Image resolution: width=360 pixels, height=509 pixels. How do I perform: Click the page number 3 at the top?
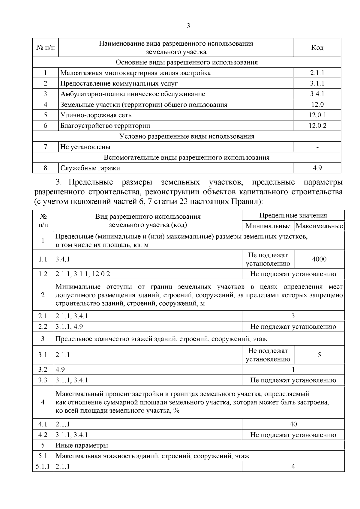pyautogui.click(x=188, y=26)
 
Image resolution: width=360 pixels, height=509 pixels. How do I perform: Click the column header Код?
pyautogui.click(x=317, y=48)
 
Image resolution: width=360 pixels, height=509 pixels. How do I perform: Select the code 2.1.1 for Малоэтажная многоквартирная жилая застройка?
pyautogui.click(x=317, y=73)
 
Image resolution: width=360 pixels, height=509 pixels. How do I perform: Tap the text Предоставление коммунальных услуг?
pyautogui.click(x=119, y=83)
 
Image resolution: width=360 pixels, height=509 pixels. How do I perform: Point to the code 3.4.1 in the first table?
pyautogui.click(x=317, y=94)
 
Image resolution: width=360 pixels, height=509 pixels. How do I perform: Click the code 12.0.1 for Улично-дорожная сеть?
pyautogui.click(x=317, y=115)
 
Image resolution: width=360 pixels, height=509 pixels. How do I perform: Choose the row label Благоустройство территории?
pyautogui.click(x=105, y=126)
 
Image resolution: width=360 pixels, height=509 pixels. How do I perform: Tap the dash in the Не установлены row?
pyautogui.click(x=317, y=147)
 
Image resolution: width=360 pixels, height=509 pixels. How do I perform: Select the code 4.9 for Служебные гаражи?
pyautogui.click(x=317, y=168)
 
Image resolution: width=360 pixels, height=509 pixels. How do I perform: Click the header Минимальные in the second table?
pyautogui.click(x=268, y=226)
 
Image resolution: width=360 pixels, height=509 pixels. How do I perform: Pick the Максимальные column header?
pyautogui.click(x=319, y=226)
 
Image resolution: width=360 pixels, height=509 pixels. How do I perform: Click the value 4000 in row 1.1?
pyautogui.click(x=319, y=259)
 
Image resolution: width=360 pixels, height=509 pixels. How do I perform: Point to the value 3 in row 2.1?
pyautogui.click(x=293, y=316)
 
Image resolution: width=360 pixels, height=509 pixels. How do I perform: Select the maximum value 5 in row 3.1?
pyautogui.click(x=319, y=355)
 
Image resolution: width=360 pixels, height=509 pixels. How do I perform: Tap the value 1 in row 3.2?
pyautogui.click(x=293, y=370)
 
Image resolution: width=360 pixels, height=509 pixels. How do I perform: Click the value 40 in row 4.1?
pyautogui.click(x=293, y=424)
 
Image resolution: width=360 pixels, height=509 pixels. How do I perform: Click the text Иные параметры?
pyautogui.click(x=82, y=445)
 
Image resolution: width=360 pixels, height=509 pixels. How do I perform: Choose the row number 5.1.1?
pyautogui.click(x=43, y=467)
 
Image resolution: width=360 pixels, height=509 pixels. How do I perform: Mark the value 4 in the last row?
pyautogui.click(x=293, y=467)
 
